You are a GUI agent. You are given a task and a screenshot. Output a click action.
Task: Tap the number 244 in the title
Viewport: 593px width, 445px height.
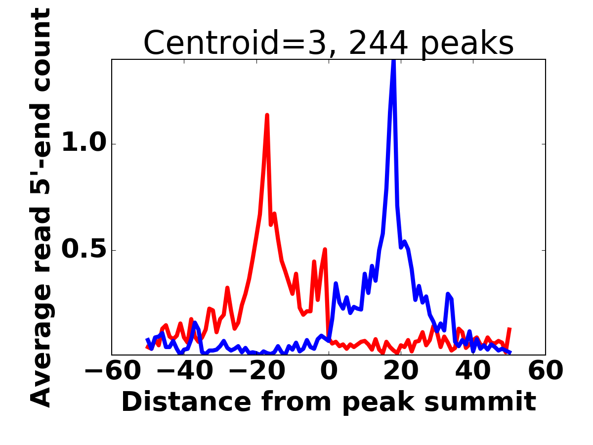pos(378,43)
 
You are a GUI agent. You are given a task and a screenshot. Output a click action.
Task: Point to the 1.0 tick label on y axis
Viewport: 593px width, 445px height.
pos(84,144)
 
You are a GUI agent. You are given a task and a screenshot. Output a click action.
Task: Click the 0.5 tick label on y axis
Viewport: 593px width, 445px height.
pos(84,250)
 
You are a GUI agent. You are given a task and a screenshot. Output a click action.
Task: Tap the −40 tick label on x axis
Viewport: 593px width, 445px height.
pos(184,371)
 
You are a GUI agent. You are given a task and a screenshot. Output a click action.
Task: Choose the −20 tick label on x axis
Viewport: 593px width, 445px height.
pos(256,371)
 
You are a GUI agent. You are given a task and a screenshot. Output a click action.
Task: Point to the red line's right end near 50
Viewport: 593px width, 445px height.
pos(509,328)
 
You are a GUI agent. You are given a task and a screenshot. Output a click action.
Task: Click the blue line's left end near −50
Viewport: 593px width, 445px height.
pos(148,340)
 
